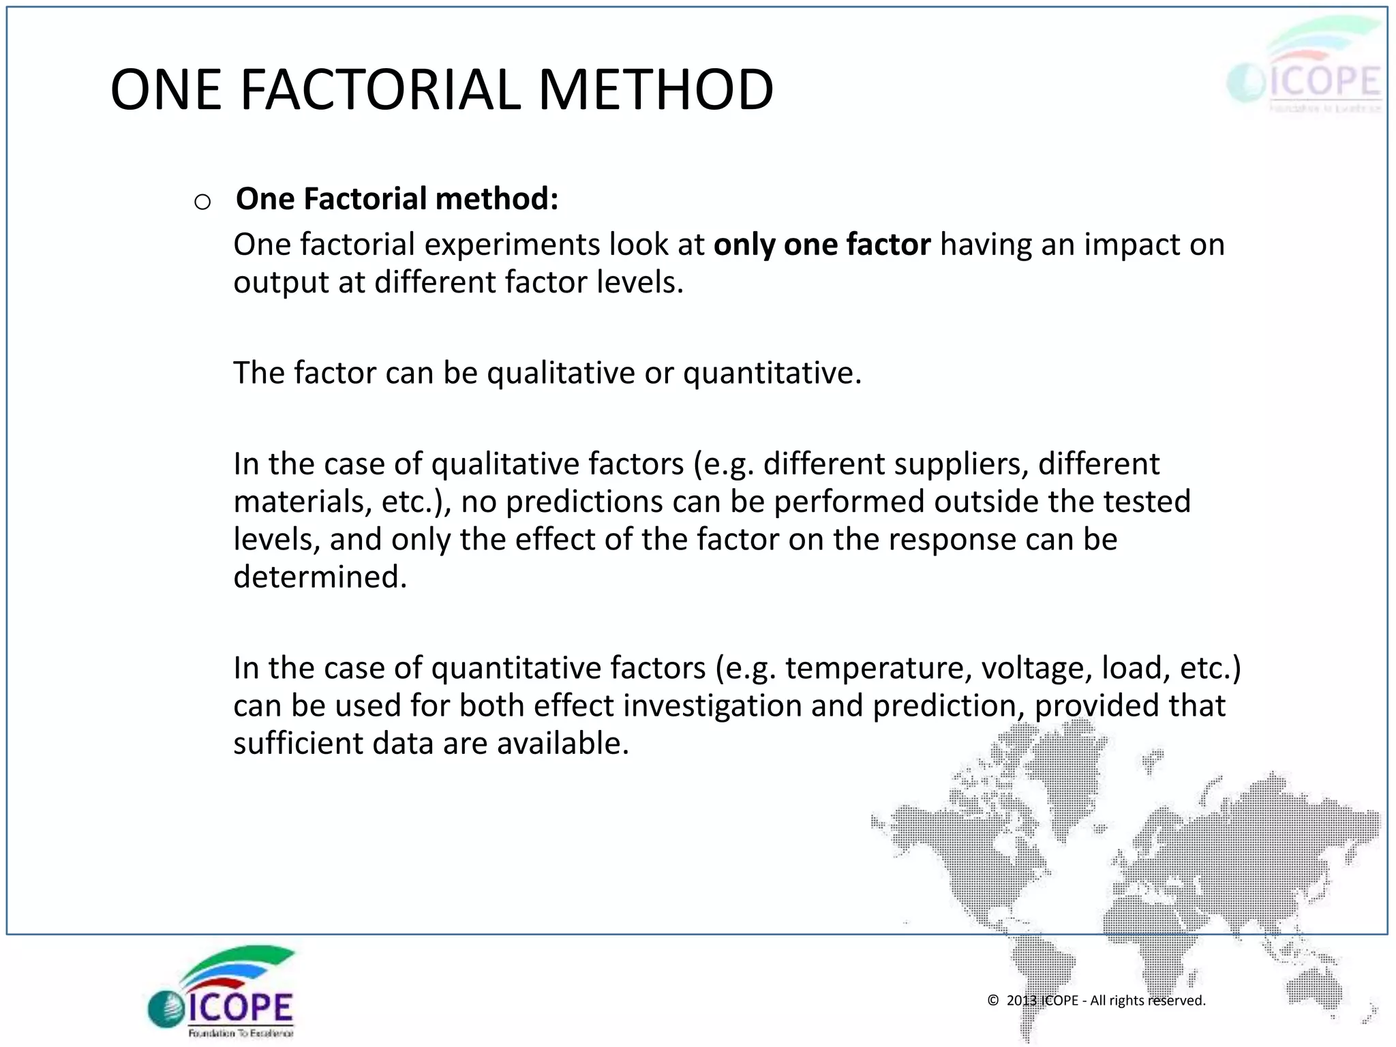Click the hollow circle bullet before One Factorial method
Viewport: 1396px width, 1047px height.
coord(202,202)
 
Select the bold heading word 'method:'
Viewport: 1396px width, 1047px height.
coord(497,199)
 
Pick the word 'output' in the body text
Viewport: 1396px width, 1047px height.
coord(280,283)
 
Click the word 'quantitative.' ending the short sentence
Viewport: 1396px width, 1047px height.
coord(772,374)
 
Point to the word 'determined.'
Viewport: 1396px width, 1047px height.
coord(320,577)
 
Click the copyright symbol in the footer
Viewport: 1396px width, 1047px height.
coord(993,1000)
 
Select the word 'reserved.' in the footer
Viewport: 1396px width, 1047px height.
coord(1177,1000)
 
